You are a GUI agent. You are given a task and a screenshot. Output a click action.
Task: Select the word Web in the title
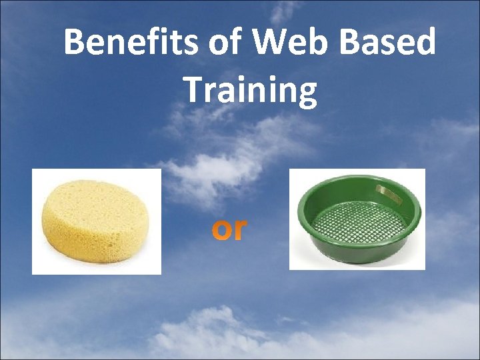(x=279, y=43)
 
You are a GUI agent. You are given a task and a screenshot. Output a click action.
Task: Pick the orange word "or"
(x=229, y=229)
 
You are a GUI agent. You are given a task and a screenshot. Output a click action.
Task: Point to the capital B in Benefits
(x=74, y=43)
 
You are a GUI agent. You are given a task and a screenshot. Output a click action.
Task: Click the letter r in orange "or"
(x=240, y=229)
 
